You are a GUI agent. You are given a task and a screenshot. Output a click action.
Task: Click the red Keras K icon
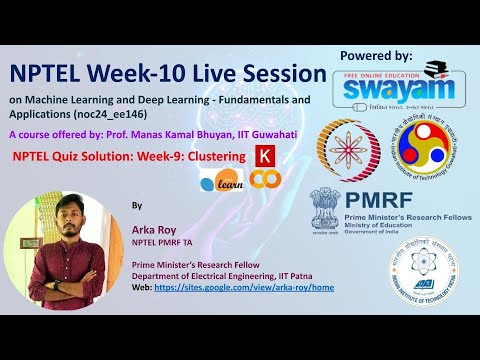click(x=265, y=156)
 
